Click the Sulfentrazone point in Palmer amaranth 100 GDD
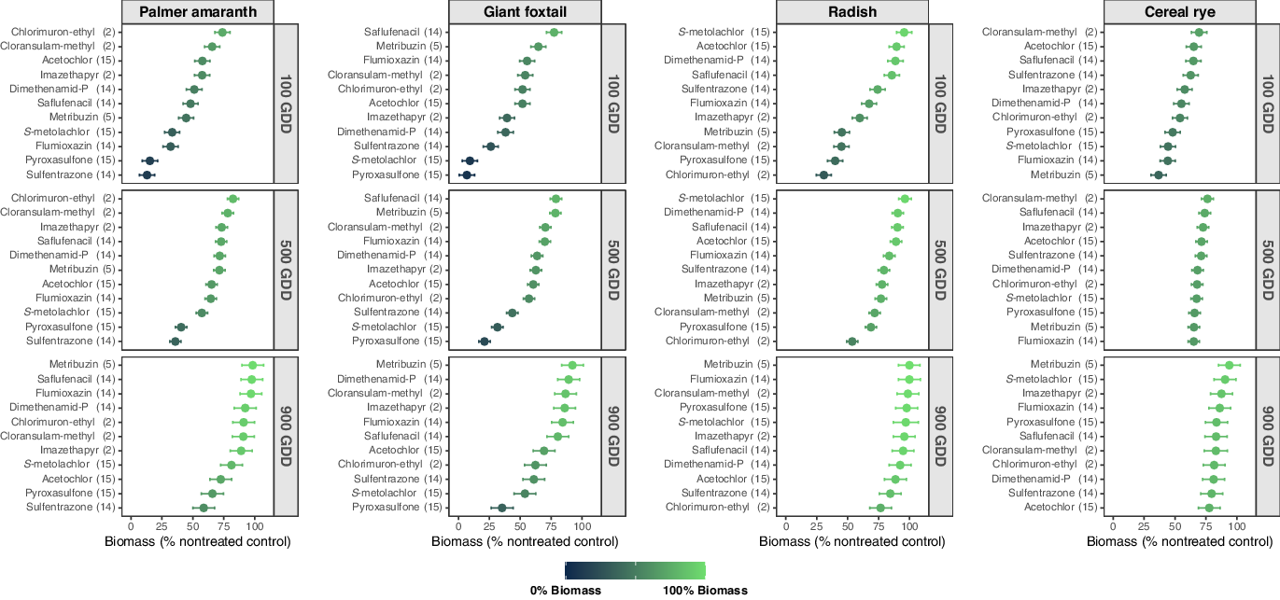coord(147,174)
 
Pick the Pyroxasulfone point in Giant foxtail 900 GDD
coord(501,508)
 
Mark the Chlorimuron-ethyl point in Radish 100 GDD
coord(823,174)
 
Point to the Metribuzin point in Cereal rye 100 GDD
coord(1159,174)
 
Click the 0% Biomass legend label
coord(566,590)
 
